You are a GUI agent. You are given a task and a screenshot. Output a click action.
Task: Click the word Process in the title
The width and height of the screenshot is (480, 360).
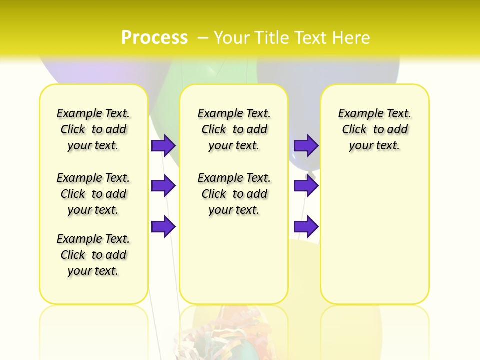tap(154, 37)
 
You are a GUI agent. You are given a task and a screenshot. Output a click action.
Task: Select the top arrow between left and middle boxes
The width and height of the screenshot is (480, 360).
tap(163, 145)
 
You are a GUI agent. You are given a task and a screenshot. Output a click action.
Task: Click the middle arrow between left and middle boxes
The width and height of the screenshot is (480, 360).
tap(163, 186)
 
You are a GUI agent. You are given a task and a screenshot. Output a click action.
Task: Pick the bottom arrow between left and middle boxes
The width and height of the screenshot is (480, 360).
tap(163, 226)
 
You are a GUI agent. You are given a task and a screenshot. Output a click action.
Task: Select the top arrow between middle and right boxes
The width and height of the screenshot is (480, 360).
tap(306, 145)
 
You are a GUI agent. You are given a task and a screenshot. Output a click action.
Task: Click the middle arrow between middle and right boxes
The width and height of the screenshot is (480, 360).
tap(306, 186)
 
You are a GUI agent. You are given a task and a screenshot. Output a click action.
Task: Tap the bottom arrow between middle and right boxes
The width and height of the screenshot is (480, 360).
tap(306, 226)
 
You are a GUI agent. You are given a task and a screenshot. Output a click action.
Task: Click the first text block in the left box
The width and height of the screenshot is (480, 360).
tap(93, 129)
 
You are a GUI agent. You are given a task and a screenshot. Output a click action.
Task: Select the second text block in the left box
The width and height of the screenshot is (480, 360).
tap(93, 194)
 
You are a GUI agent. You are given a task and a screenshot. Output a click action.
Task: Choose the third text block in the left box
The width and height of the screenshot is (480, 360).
tap(93, 255)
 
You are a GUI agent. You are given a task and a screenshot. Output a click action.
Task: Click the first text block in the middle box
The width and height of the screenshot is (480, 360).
tap(234, 129)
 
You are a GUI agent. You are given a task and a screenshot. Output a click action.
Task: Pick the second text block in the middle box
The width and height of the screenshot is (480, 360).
tap(234, 194)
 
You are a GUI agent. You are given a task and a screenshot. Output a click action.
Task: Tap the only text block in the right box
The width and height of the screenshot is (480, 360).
tap(375, 129)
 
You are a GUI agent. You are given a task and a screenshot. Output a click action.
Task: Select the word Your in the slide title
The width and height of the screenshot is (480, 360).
tap(231, 38)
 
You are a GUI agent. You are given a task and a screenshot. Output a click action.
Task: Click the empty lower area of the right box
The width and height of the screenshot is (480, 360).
tap(375, 235)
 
